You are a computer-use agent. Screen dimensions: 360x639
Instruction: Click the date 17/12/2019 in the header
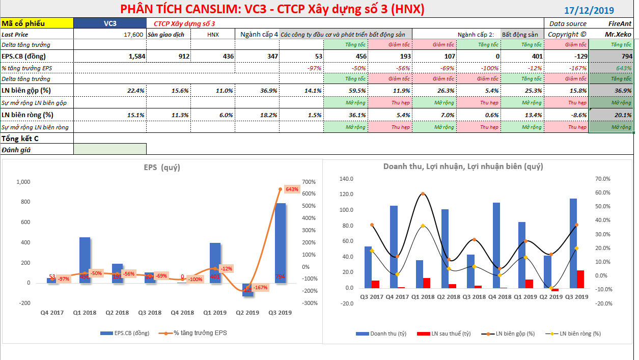click(589, 10)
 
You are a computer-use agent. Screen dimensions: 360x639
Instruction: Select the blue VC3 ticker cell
click(109, 23)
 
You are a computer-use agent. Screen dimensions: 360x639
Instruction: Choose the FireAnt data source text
click(620, 23)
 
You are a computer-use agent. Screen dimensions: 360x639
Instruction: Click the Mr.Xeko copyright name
click(618, 34)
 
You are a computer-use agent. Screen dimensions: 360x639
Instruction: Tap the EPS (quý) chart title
click(162, 167)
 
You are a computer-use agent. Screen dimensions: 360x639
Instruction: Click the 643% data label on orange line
click(292, 189)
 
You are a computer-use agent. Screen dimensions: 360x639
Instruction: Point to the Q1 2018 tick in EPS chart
click(85, 312)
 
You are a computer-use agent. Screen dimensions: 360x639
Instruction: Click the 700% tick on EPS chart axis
click(310, 182)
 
